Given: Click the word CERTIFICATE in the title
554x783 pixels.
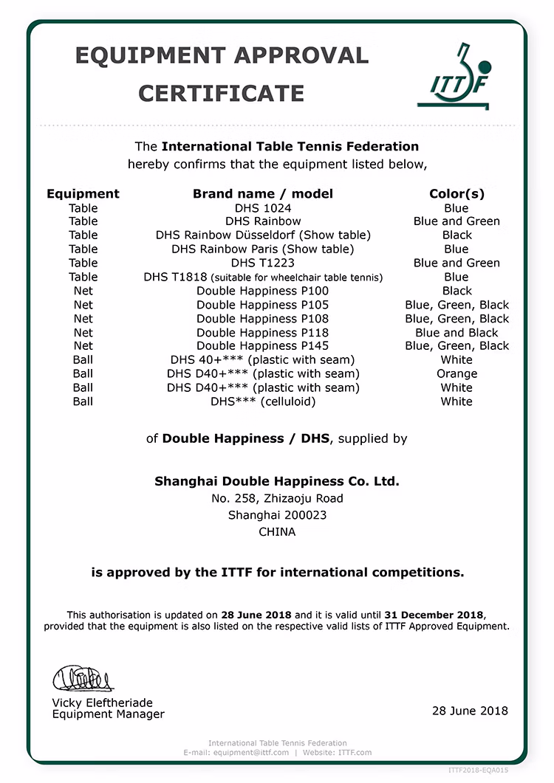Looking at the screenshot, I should (x=221, y=94).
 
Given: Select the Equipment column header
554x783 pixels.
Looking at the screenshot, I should (x=83, y=194).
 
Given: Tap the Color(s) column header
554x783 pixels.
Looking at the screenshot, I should (x=456, y=194).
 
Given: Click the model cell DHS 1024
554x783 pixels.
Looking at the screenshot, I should (x=262, y=208).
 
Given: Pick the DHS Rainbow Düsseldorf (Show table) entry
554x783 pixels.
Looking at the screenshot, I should (x=263, y=235).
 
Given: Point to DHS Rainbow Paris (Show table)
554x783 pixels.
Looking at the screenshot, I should (x=263, y=249).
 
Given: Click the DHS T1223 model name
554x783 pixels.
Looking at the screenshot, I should (x=262, y=263).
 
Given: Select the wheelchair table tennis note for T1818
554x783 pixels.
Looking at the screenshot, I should (x=297, y=277).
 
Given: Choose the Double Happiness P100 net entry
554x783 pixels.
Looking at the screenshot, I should (x=262, y=291).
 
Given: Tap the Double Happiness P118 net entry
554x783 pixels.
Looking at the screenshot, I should (x=262, y=333).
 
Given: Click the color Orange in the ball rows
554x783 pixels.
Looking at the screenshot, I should (x=456, y=374).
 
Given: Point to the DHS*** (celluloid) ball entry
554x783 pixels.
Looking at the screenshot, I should (x=263, y=401).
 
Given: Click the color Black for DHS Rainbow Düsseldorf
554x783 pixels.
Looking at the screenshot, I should (x=456, y=235).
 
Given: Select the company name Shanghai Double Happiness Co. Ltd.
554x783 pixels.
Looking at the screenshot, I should (x=277, y=481).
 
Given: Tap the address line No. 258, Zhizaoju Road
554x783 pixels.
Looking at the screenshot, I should (x=277, y=498).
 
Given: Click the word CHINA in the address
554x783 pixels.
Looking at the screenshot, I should (x=277, y=531).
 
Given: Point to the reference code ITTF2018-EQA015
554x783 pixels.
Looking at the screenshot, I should (x=478, y=770).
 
